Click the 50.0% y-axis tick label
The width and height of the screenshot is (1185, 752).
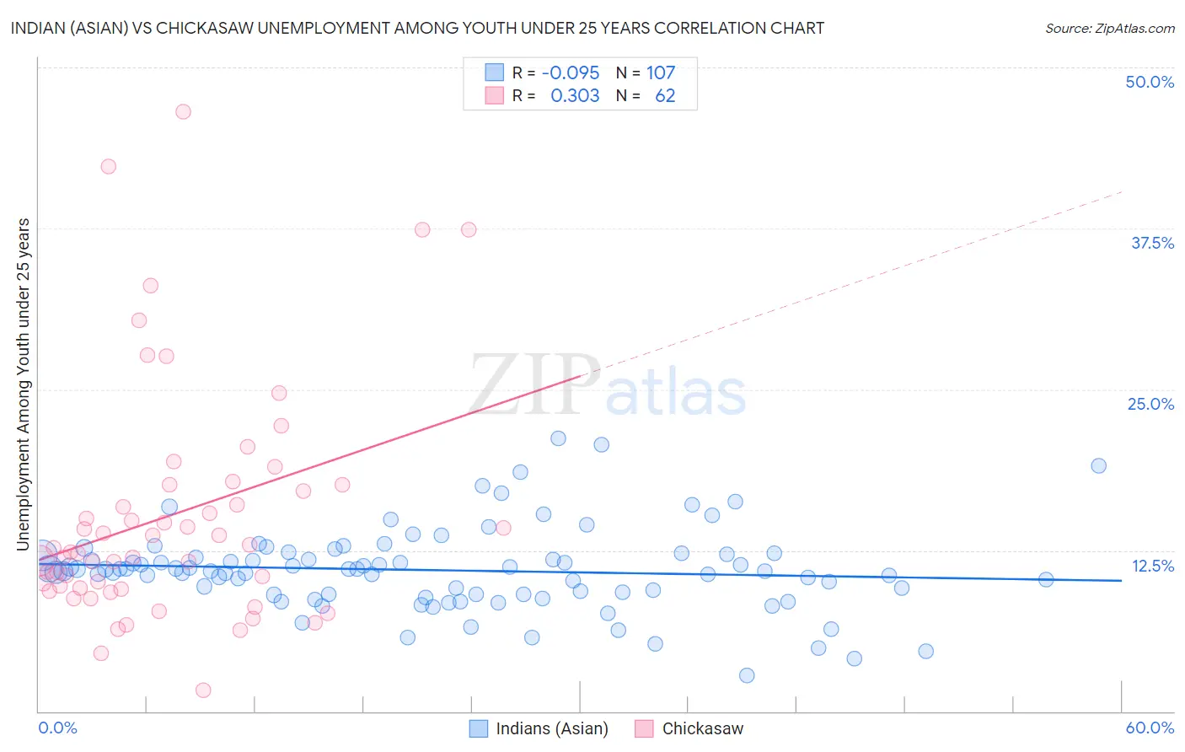(1150, 82)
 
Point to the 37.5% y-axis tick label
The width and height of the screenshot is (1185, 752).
(1152, 243)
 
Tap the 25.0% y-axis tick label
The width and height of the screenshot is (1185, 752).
(1150, 404)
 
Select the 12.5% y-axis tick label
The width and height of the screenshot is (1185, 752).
(1152, 566)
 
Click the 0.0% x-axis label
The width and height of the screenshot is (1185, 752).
(57, 728)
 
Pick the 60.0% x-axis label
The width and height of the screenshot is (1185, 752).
(1150, 728)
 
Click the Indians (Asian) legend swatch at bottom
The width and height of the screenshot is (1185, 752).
(479, 728)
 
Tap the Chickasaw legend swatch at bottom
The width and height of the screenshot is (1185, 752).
(645, 728)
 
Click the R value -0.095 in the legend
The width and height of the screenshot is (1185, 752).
(571, 73)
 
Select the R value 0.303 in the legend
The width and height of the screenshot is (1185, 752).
(575, 96)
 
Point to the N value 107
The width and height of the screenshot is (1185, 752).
(661, 73)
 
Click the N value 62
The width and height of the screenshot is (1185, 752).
(665, 96)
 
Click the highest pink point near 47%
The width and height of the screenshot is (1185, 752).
(183, 111)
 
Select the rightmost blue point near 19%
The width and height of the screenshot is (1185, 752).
(1098, 465)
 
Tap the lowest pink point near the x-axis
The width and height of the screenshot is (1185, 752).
(203, 690)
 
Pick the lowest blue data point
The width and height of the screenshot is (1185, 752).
(747, 675)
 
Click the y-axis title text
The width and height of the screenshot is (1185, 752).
(24, 384)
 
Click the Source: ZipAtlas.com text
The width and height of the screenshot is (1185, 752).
(1109, 28)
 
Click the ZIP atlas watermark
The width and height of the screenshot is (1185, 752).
(607, 385)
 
